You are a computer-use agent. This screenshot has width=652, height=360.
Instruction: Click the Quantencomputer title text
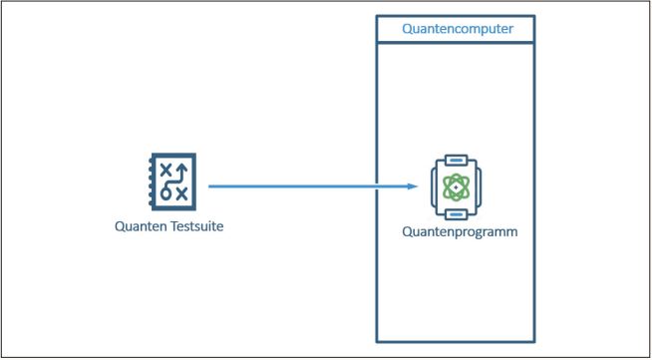pyautogui.click(x=458, y=29)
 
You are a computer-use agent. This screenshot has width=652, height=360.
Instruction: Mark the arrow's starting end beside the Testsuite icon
pyautogui.click(x=210, y=185)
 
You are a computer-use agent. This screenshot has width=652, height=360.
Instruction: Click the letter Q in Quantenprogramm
pyautogui.click(x=407, y=231)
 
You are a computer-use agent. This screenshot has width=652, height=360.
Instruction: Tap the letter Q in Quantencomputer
pyautogui.click(x=407, y=29)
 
